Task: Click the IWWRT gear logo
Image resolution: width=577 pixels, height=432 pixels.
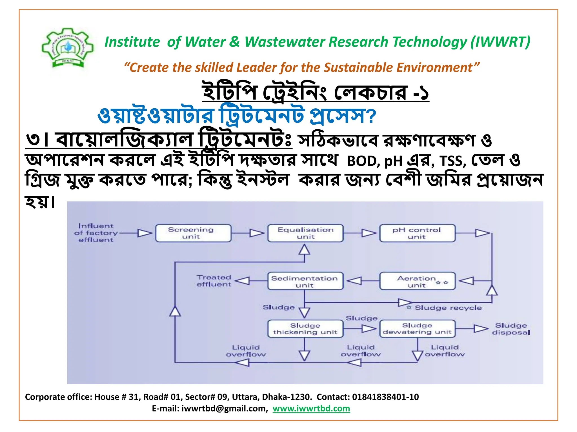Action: pyautogui.click(x=68, y=48)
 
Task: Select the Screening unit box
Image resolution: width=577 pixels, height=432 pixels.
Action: pyautogui.click(x=193, y=233)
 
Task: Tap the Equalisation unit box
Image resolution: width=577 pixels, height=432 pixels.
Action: pyautogui.click(x=305, y=233)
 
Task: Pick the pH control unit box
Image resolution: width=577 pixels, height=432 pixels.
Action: pyautogui.click(x=417, y=233)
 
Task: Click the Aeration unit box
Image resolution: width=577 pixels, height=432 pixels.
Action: pyautogui.click(x=417, y=281)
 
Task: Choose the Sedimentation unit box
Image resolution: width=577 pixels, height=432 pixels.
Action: pyautogui.click(x=305, y=281)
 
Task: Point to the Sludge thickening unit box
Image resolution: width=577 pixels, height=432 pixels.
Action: pyautogui.click(x=305, y=329)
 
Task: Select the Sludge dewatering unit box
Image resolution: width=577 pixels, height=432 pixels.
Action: pyautogui.click(x=417, y=329)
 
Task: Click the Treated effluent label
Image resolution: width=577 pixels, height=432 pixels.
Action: pyautogui.click(x=214, y=281)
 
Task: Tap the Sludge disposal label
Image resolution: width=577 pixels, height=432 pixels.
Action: pyautogui.click(x=511, y=329)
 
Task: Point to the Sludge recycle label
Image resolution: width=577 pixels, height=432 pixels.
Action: pyautogui.click(x=448, y=308)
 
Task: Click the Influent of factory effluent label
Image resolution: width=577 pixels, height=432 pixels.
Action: pyautogui.click(x=96, y=233)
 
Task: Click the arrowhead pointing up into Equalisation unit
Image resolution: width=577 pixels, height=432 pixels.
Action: pyautogui.click(x=304, y=250)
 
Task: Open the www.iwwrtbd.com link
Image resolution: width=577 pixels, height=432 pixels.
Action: pyautogui.click(x=311, y=408)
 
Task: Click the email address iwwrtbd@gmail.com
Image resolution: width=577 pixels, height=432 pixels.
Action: pyautogui.click(x=224, y=408)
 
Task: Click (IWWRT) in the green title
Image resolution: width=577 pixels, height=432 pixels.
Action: pyautogui.click(x=500, y=42)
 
